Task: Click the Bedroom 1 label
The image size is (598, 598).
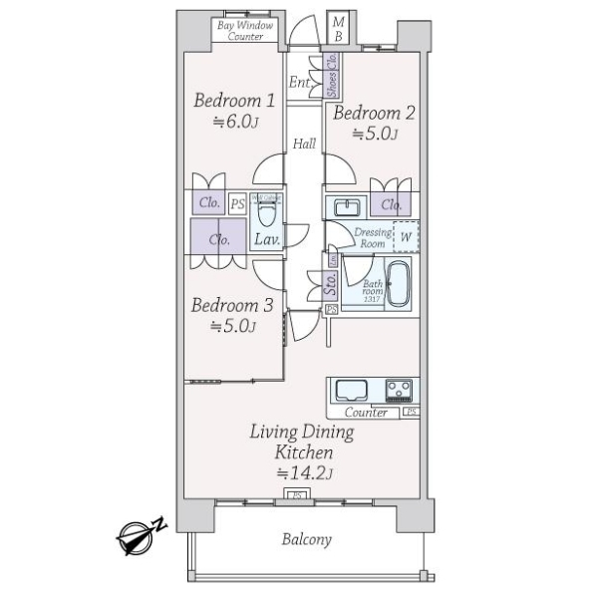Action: point(234,101)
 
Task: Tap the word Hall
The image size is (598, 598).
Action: point(304,145)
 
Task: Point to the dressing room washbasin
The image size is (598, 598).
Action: point(346,207)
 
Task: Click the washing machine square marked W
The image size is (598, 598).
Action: point(405,237)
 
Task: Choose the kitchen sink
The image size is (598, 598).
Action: point(352,390)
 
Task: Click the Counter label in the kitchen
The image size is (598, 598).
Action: point(365,413)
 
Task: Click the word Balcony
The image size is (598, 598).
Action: point(306,539)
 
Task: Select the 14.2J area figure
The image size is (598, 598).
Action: point(304,472)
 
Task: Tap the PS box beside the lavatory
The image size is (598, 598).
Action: point(237,204)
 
